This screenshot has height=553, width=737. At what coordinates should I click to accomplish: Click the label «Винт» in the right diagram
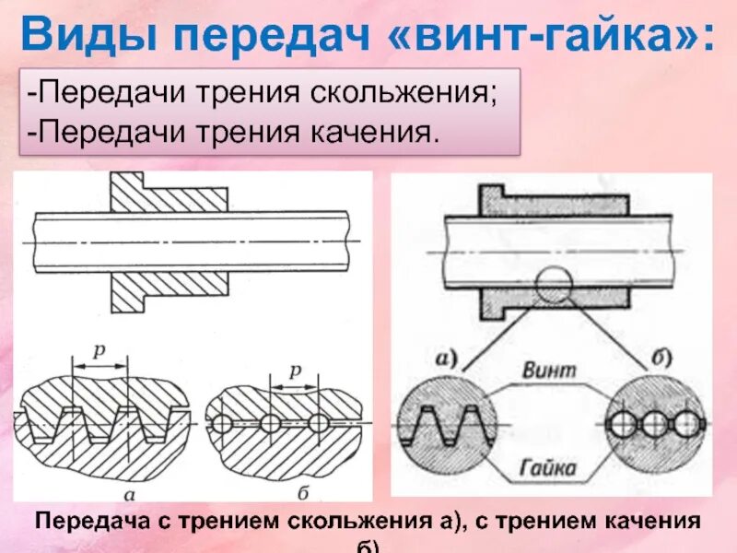549,370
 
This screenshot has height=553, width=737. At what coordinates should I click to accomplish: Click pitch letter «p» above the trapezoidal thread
99,351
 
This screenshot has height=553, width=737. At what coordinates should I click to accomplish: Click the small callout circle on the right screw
553,284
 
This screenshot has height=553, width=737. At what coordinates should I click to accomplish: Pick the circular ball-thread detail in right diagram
655,425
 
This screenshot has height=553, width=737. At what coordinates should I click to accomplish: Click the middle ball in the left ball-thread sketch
269,423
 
